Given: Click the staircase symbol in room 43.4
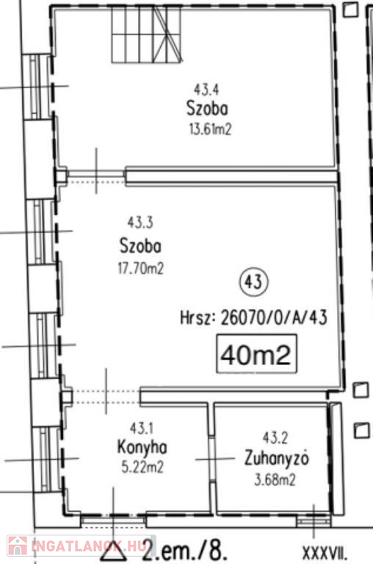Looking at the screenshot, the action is [x=147, y=35].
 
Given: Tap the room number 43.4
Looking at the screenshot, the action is [x=206, y=89].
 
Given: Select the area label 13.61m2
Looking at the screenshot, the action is [x=210, y=129].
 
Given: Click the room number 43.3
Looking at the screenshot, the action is [x=140, y=223].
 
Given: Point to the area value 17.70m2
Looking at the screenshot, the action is [x=141, y=268].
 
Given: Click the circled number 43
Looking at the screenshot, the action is [x=253, y=282].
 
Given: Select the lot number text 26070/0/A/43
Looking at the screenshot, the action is [x=274, y=317].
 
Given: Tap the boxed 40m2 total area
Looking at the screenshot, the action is [x=256, y=354].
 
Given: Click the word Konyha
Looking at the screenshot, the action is [x=142, y=448].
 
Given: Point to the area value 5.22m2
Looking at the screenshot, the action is [x=142, y=467].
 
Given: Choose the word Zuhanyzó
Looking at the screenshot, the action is [x=277, y=458].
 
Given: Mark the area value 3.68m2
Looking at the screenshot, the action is [x=275, y=480].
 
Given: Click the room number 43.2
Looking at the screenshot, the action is [x=275, y=438].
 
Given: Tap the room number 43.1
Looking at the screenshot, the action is [x=142, y=428].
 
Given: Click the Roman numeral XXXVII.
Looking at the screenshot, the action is [x=325, y=552].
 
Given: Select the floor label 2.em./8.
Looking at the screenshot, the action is [x=185, y=549].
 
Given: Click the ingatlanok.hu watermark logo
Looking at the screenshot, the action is [x=76, y=546].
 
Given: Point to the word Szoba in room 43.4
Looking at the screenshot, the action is [x=207, y=108].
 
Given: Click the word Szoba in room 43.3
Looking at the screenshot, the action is [x=140, y=246].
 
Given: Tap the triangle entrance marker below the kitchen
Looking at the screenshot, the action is [x=113, y=549].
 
